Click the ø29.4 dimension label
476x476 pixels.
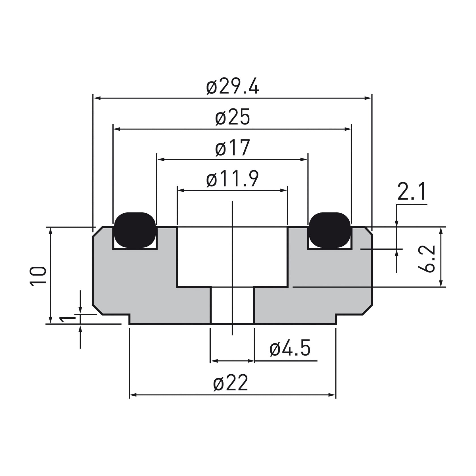pyautogui.click(x=232, y=87)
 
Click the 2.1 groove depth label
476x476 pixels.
pyautogui.click(x=412, y=192)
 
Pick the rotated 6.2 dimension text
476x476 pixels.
pyautogui.click(x=427, y=259)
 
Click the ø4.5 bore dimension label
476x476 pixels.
pyautogui.click(x=290, y=349)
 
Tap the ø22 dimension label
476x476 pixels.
pyautogui.click(x=231, y=383)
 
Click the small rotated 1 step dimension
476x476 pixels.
pyautogui.click(x=65, y=319)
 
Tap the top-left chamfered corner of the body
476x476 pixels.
pyautogui.click(x=97, y=232)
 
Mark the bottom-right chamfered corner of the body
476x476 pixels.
pyautogui.click(x=367, y=310)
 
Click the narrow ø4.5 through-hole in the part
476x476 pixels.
pyautogui.click(x=232, y=305)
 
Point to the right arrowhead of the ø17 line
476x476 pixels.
pyautogui.click(x=305, y=160)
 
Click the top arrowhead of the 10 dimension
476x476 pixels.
pyautogui.click(x=51, y=230)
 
